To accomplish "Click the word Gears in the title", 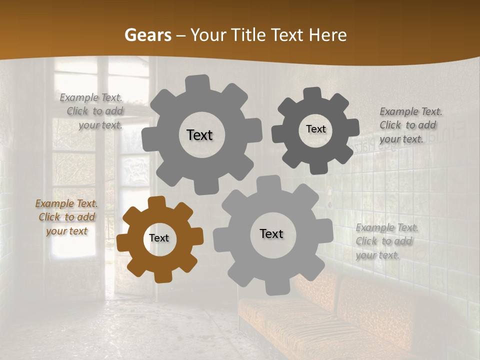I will [147, 35].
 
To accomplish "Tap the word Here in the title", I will [327, 35].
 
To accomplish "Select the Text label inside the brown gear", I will [159, 238].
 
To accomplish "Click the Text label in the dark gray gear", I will [315, 129].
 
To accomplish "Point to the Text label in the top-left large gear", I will [199, 135].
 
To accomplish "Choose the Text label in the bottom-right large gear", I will [271, 233].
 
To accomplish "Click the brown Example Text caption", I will [66, 217].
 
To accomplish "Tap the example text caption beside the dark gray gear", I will [410, 125].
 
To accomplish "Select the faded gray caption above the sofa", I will [386, 241].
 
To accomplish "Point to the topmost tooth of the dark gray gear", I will [312, 93].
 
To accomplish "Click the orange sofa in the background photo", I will [325, 315].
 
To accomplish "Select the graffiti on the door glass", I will [134, 170].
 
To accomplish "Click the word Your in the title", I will [209, 35].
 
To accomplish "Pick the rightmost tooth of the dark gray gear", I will [353, 128].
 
